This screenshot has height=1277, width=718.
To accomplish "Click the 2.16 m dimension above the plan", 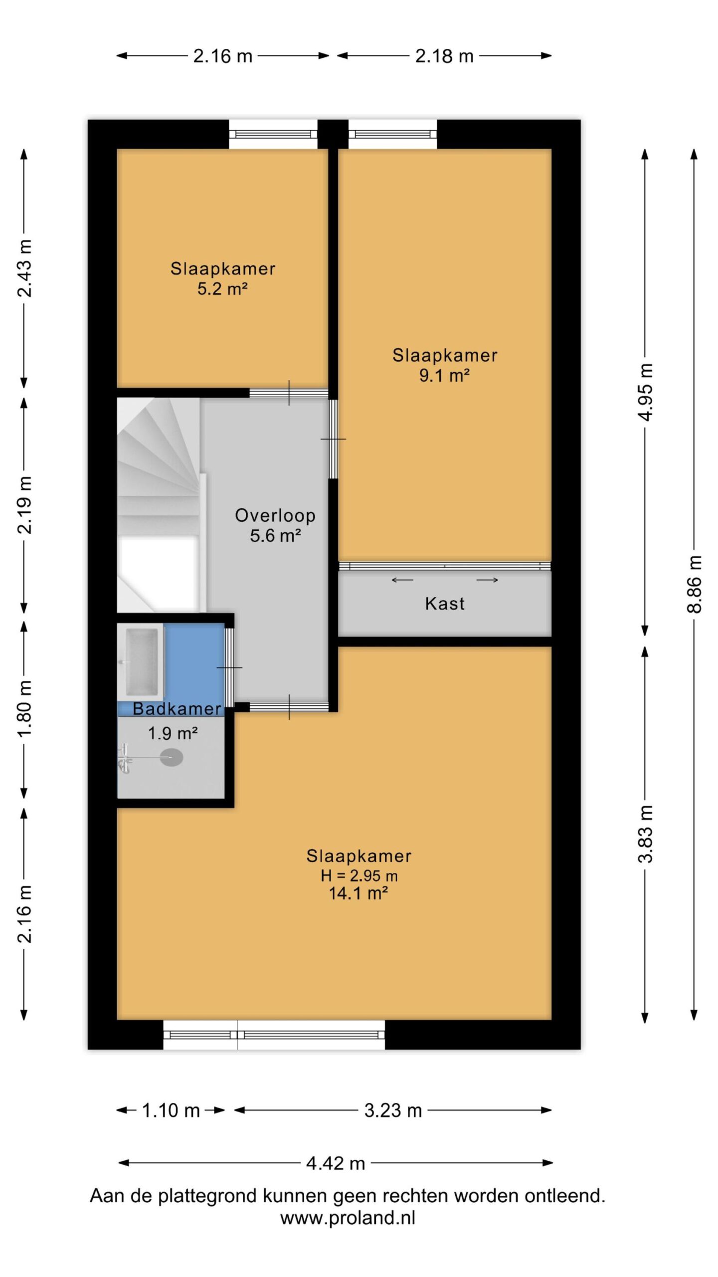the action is [222, 56].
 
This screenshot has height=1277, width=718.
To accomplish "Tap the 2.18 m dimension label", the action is [444, 56].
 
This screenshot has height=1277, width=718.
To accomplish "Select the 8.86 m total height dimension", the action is [694, 584].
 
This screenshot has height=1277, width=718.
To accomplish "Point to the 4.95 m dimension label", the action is [645, 392].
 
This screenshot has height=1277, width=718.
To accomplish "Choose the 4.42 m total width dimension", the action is [336, 1163].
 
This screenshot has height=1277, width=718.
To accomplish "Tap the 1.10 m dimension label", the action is [171, 1110].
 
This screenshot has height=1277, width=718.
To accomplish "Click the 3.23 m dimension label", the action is [393, 1110].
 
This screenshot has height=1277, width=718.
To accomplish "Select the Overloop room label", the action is [275, 515].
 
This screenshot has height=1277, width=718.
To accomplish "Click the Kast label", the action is [445, 604].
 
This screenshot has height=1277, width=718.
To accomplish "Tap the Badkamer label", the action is [177, 709].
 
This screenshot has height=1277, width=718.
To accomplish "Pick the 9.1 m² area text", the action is [444, 375].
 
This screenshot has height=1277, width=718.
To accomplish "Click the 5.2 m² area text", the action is [222, 289].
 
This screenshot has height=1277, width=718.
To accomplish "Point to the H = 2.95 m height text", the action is [359, 875].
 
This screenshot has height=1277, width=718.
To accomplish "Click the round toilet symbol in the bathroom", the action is [172, 758].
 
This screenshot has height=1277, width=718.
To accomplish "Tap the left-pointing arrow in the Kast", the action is [402, 580].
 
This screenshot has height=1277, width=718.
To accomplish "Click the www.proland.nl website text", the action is [348, 1218].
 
